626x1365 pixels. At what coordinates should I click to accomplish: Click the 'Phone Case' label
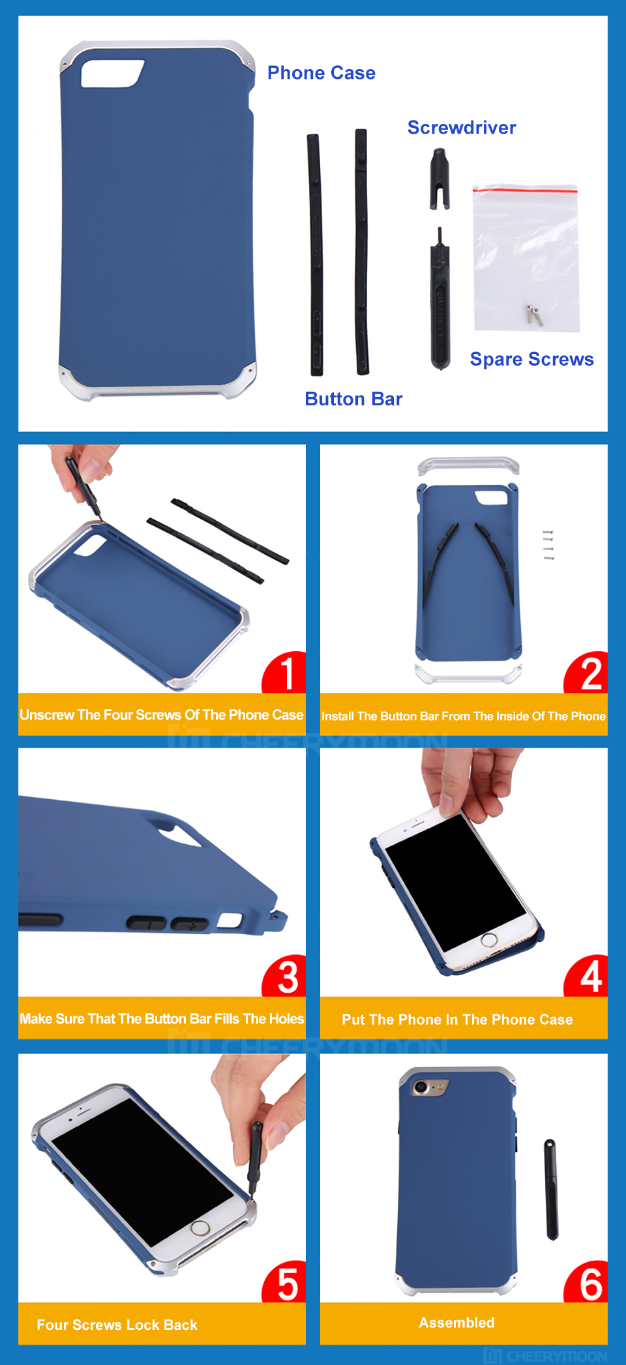tap(321, 73)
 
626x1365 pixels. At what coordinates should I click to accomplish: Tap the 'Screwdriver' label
tap(462, 128)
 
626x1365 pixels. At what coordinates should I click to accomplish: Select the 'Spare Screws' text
tap(532, 359)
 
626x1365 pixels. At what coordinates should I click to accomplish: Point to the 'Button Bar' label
tap(353, 399)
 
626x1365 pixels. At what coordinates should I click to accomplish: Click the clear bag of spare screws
tap(526, 258)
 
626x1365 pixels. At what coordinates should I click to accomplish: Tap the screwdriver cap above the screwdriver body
tap(440, 179)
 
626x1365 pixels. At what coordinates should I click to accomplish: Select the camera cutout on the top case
tap(112, 73)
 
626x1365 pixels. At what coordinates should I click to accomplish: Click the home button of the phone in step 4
tap(489, 941)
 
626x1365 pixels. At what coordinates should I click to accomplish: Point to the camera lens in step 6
tap(421, 1087)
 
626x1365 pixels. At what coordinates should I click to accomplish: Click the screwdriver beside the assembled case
tap(552, 1190)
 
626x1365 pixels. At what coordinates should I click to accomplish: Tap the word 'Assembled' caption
tap(456, 1323)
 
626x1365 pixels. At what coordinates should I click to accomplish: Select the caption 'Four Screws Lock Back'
tap(117, 1325)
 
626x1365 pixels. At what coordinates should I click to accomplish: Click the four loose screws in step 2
tap(548, 545)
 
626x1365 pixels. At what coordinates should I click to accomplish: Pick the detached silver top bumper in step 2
tap(468, 465)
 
